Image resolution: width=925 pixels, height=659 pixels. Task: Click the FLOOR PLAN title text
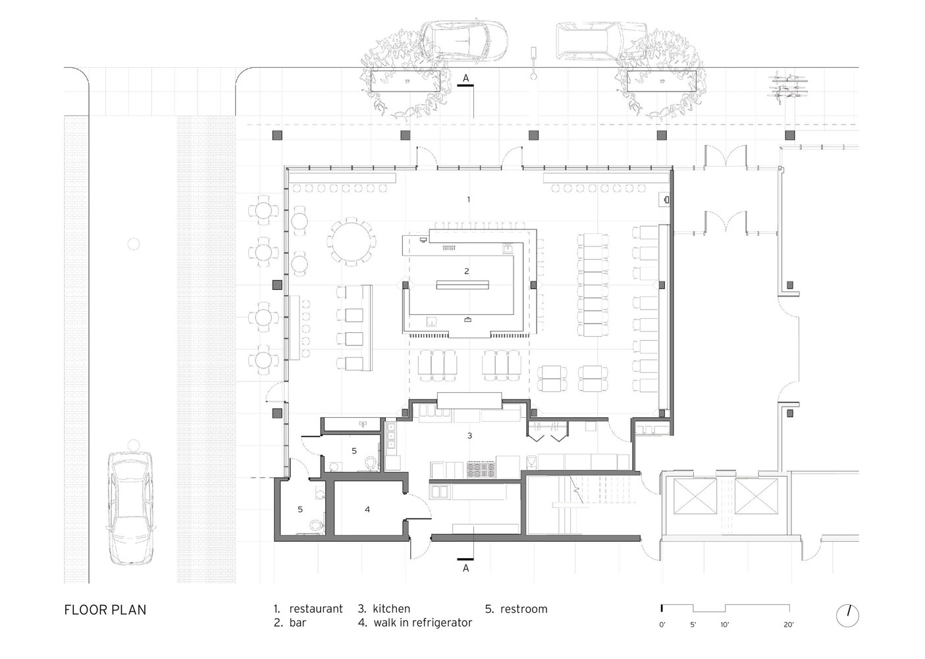click(x=105, y=610)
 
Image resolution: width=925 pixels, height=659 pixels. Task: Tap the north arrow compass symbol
click(x=847, y=616)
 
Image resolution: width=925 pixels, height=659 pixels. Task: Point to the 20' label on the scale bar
click(x=788, y=625)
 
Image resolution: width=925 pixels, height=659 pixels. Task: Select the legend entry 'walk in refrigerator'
click(x=415, y=623)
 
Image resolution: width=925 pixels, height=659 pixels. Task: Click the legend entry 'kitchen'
click(x=384, y=608)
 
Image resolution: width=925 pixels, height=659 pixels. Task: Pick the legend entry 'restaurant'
click(x=308, y=608)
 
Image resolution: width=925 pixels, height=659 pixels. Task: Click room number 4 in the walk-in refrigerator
click(x=367, y=509)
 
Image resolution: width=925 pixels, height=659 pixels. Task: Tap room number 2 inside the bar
click(x=467, y=272)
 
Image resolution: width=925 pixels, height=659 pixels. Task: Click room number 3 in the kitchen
click(x=469, y=436)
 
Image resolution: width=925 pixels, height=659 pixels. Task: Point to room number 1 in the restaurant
click(x=468, y=199)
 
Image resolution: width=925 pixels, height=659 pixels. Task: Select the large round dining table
click(x=352, y=242)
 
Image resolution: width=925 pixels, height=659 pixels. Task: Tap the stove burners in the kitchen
click(x=481, y=470)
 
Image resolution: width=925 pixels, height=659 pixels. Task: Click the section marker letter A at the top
click(x=466, y=78)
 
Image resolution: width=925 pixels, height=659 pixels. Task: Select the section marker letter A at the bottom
click(x=466, y=568)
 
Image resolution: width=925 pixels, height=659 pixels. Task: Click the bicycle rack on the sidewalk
click(x=787, y=88)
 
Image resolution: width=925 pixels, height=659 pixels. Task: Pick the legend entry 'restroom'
click(x=516, y=608)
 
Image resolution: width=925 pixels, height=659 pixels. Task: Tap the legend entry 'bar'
click(x=290, y=623)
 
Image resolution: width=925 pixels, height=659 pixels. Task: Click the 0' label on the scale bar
click(x=662, y=625)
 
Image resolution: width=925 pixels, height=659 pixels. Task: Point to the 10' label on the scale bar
click(x=725, y=625)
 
